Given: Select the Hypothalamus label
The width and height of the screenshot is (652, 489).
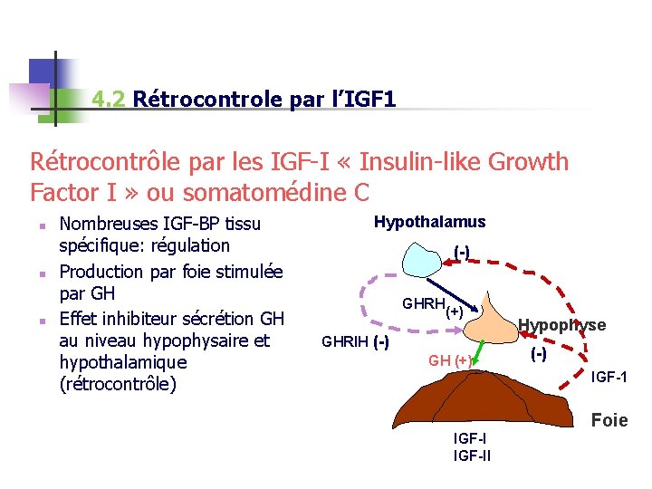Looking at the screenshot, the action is (429, 222).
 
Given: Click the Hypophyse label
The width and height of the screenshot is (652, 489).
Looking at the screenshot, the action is (561, 325).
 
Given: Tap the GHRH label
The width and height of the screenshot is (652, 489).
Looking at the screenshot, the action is (423, 304).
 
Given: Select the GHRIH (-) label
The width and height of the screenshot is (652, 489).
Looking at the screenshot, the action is (355, 341).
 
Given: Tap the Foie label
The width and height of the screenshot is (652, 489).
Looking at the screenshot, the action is (609, 420).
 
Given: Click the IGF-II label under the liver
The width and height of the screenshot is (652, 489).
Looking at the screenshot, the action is (471, 455).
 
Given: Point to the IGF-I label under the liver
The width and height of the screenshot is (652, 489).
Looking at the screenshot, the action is (468, 438).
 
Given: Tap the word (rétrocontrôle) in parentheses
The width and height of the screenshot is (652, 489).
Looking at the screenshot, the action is (117, 383).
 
